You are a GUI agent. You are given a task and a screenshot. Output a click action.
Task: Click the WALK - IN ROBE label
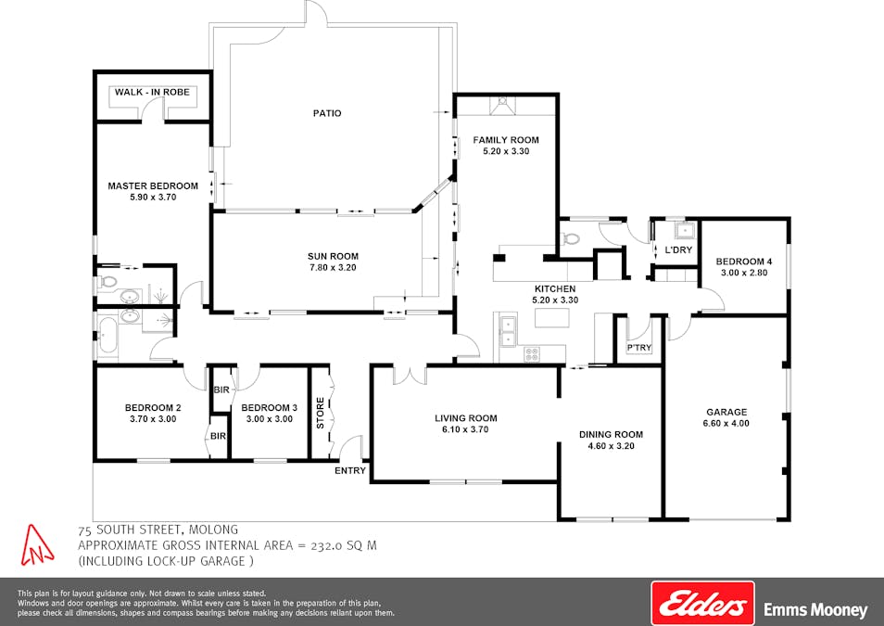coord(151,93)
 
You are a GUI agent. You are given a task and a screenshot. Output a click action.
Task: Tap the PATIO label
coord(326,113)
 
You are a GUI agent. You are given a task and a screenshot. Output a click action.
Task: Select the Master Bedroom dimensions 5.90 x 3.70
coord(152,198)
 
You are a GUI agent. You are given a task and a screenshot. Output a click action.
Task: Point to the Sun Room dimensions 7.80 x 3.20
coord(333,268)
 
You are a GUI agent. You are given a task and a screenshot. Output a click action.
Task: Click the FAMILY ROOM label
coord(506,140)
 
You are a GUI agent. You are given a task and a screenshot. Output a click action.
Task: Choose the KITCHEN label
coord(555,288)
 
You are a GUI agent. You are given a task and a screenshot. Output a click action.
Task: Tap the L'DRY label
coord(678,250)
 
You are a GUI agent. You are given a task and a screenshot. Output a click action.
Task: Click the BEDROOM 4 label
coord(743,262)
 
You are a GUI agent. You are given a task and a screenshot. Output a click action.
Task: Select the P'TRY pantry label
coord(638,348)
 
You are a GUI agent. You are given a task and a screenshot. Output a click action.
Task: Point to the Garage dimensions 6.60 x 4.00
coord(726,424)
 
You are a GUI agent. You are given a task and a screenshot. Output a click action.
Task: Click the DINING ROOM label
coord(611,434)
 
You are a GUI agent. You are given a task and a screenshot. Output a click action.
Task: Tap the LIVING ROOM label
coord(466,418)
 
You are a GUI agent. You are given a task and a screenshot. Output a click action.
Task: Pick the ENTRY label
coord(350,470)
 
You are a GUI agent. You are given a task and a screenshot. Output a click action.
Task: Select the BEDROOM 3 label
coord(269,407)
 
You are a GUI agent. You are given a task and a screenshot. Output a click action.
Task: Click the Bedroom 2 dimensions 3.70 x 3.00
coord(152,419)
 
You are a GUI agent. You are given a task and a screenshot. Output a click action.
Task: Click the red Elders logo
coord(703,605)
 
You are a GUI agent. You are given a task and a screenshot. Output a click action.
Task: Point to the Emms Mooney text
coord(815,610)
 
